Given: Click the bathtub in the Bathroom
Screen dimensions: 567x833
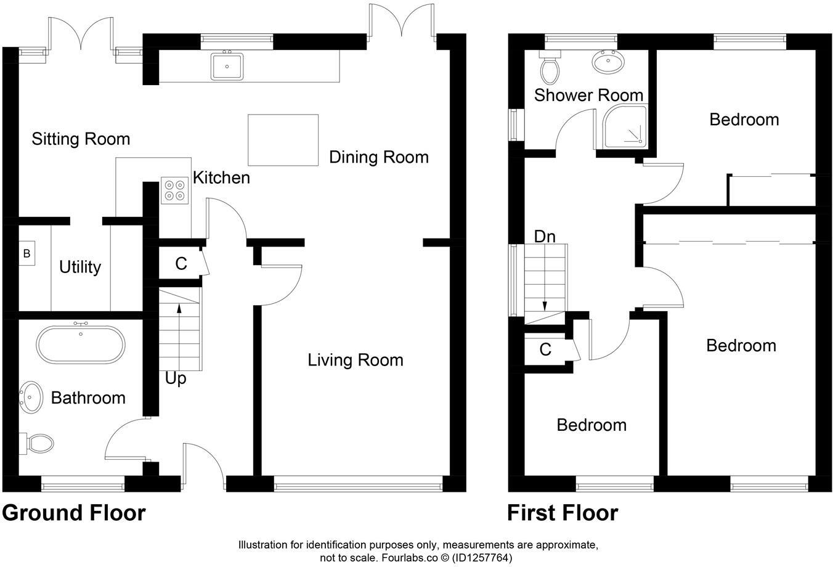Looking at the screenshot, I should point(81,346).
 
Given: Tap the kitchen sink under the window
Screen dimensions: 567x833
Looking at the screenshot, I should point(227,66).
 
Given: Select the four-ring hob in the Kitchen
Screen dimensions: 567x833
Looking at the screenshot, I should point(174,190).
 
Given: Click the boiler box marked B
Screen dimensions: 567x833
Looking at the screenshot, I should point(27,253).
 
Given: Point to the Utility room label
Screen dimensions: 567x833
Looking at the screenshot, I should point(80,267).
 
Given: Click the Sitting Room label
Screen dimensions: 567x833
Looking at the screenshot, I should point(81,139).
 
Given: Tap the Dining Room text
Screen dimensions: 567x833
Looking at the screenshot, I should point(378,157).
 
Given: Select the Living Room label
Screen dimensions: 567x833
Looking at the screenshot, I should point(356,360).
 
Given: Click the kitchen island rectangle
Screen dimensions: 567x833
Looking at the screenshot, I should point(283,140).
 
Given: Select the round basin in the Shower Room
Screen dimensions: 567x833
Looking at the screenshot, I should point(607,61).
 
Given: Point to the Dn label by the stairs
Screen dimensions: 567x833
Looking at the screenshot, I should point(545,236).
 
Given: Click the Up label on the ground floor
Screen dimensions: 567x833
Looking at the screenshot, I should point(176,378).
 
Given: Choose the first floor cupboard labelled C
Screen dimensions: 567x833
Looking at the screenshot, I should point(545,350).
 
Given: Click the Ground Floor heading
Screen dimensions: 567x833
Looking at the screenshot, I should point(74,513).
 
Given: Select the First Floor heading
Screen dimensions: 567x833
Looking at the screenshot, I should point(563,513).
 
